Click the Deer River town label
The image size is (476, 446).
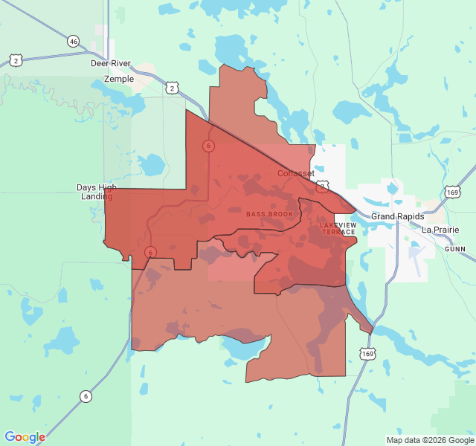click(110, 64)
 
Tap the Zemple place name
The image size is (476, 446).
click(119, 79)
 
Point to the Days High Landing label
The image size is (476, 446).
click(97, 192)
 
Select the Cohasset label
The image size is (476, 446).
click(296, 173)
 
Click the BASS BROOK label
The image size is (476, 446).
click(270, 214)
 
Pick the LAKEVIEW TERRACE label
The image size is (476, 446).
click(338, 228)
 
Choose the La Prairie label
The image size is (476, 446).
click(440, 230)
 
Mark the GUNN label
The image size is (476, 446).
click(454, 250)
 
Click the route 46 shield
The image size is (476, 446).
click(73, 42)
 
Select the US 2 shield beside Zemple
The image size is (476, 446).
click(173, 88)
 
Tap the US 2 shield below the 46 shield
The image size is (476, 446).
click(15, 60)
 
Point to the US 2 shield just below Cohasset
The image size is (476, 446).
click(322, 186)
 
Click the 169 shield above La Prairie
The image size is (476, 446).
click(453, 193)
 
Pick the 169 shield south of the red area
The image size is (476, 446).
click(367, 354)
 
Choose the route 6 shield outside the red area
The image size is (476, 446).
click(86, 396)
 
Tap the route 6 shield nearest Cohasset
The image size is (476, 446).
click(208, 146)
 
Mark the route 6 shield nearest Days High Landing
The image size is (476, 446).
click(150, 252)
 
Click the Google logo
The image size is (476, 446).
click(25, 437)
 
